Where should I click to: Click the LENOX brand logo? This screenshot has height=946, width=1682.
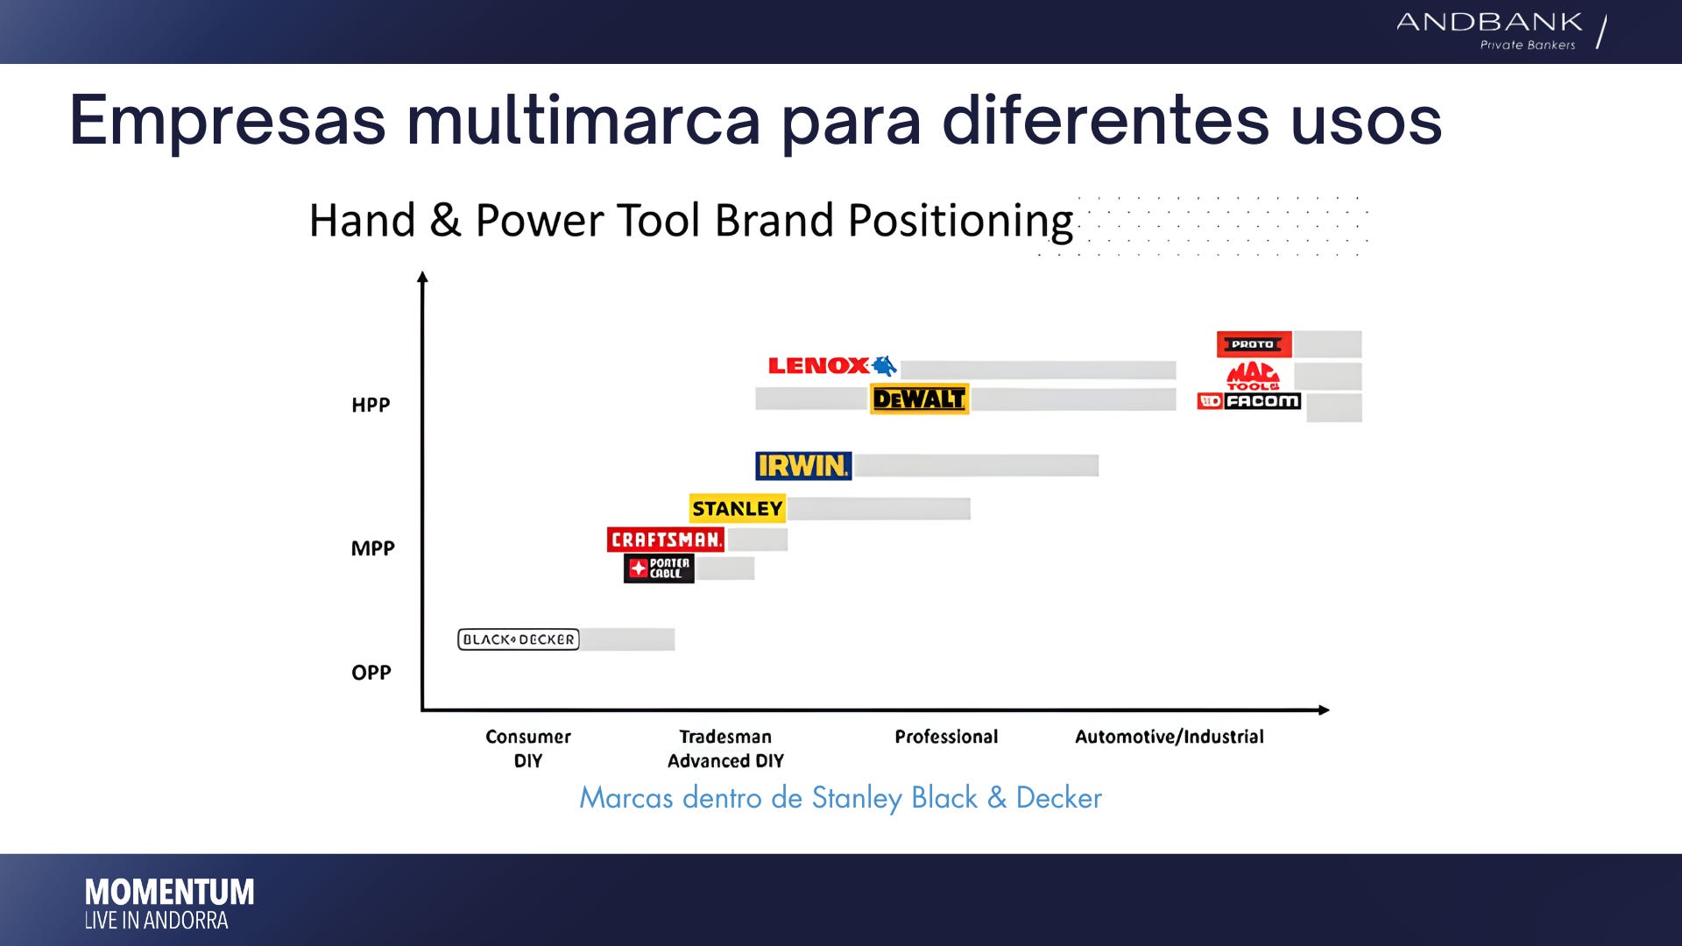(x=832, y=365)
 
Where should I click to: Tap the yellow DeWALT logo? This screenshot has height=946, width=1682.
(x=919, y=399)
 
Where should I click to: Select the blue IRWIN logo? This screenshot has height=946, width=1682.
(x=803, y=466)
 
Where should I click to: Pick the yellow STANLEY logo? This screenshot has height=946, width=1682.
(x=737, y=508)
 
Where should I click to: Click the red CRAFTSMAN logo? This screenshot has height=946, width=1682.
(x=666, y=540)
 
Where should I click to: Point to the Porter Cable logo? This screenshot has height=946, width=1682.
(x=659, y=568)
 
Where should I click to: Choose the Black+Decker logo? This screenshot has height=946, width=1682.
(x=519, y=639)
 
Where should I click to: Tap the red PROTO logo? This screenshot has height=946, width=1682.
(x=1254, y=344)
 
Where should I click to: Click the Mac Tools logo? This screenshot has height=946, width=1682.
(x=1253, y=376)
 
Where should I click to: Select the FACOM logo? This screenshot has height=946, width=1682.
(x=1249, y=401)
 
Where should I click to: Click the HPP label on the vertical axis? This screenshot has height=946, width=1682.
(x=371, y=405)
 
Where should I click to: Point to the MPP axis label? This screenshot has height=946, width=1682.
(x=372, y=548)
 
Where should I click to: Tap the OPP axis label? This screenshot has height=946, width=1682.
(x=371, y=673)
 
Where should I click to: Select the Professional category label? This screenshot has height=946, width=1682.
(x=946, y=737)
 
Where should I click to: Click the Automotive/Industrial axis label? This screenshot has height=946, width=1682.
(x=1170, y=737)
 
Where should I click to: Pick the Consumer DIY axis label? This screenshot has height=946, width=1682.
(x=528, y=749)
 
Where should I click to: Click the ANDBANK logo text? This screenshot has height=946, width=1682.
(x=1489, y=22)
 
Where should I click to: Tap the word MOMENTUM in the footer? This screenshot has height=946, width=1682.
(x=170, y=893)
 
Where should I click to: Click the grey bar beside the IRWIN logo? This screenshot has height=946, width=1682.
(x=977, y=465)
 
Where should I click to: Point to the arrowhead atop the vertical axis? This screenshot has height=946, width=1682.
(x=422, y=277)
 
